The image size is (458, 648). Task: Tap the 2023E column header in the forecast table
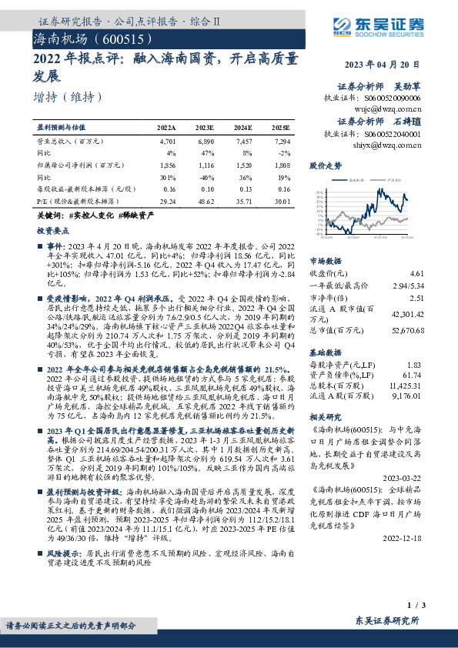coord(205,128)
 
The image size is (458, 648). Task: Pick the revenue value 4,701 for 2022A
coord(167,142)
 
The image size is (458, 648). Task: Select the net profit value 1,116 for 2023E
coord(205,165)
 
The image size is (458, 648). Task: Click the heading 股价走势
coord(324,165)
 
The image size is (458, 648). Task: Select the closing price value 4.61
coord(416,273)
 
